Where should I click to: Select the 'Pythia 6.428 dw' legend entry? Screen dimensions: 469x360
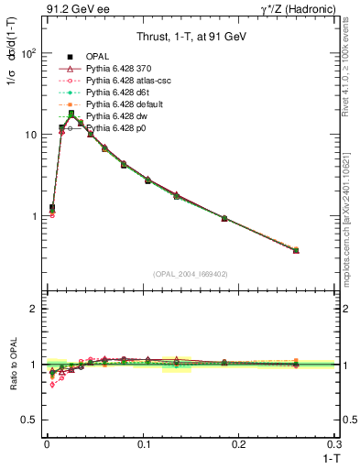pos(115,117)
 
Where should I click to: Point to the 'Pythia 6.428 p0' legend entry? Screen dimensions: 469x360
pos(115,129)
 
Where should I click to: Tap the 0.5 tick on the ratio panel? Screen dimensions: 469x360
pos(31,420)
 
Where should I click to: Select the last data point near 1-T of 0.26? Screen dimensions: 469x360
pos(296,250)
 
